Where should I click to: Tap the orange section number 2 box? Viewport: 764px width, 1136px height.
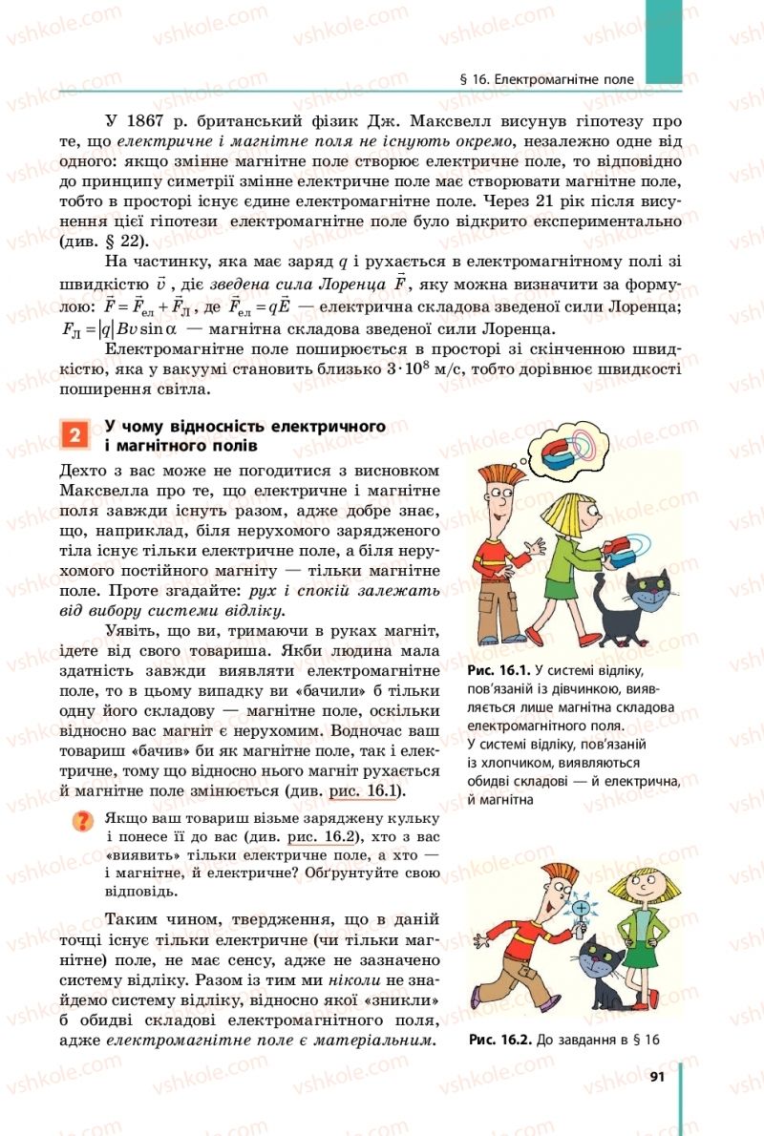pos(74,436)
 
